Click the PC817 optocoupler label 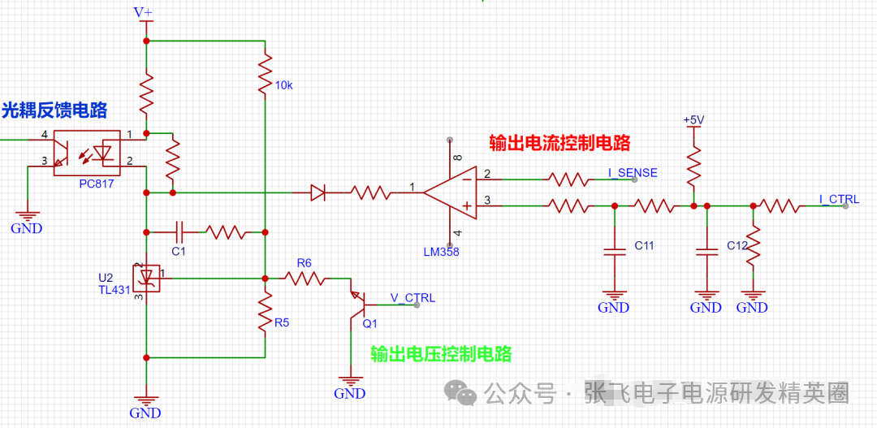(96, 184)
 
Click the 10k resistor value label (284, 84)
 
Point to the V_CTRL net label (413, 297)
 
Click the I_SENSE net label (633, 172)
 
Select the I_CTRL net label (838, 199)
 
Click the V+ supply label (143, 12)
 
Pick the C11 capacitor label (644, 245)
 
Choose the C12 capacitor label (737, 245)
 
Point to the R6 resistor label (304, 262)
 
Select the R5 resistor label (281, 322)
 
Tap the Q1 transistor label (369, 322)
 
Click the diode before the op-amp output (318, 192)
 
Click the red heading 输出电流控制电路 (559, 143)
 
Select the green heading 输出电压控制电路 (441, 354)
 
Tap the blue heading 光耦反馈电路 (54, 110)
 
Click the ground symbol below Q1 (350, 382)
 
